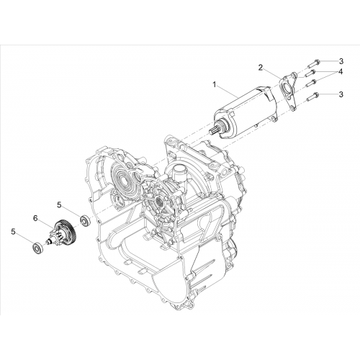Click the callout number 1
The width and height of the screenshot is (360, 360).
tap(215, 84)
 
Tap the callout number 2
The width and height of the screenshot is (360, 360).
tap(261, 68)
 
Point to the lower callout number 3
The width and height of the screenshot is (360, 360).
tap(341, 94)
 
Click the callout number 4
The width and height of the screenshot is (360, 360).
tap(341, 71)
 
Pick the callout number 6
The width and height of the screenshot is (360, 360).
tap(35, 218)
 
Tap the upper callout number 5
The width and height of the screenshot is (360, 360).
tap(59, 204)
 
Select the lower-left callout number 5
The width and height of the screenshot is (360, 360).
tap(13, 232)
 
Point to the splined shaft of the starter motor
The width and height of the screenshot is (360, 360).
tap(214, 131)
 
